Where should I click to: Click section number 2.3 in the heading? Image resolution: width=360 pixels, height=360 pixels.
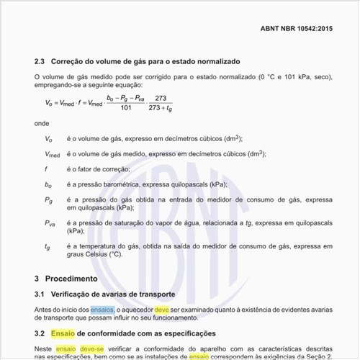pyautogui.click(x=40, y=62)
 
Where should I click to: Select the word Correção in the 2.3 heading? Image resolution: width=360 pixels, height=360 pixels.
pyautogui.click(x=71, y=62)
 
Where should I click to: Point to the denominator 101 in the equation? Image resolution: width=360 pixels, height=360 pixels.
pyautogui.click(x=125, y=108)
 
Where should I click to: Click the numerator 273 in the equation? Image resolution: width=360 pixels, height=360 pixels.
pyautogui.click(x=161, y=97)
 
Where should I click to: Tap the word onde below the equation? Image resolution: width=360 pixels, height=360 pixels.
pyautogui.click(x=42, y=124)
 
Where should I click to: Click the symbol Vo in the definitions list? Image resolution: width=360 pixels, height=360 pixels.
pyautogui.click(x=48, y=138)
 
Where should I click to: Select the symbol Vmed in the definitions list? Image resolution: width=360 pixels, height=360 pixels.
pyautogui.click(x=52, y=153)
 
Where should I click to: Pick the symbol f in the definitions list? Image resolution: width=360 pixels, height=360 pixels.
pyautogui.click(x=46, y=168)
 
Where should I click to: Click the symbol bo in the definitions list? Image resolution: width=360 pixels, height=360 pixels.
pyautogui.click(x=48, y=184)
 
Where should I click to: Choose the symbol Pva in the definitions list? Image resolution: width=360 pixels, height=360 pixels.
pyautogui.click(x=50, y=223)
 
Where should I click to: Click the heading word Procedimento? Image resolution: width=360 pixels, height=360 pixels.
pyautogui.click(x=71, y=278)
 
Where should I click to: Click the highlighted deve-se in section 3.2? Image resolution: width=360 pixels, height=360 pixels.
pyautogui.click(x=91, y=348)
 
